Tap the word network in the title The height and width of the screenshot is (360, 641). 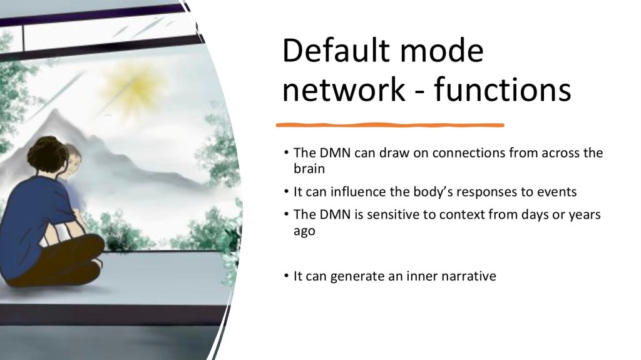pos(344,90)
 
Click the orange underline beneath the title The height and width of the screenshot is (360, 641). pos(390,125)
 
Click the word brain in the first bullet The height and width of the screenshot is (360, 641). pos(309,169)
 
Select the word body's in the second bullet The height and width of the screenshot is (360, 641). pos(433,192)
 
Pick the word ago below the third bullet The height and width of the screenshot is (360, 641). pos(305,232)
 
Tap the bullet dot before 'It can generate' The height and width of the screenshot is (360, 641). pos(286,276)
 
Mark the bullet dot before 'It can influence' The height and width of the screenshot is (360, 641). pos(286,192)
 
